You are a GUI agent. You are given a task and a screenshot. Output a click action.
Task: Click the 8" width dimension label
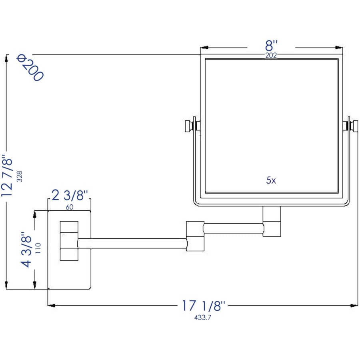[271, 46]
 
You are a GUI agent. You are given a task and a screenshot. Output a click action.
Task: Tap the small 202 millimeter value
[271, 55]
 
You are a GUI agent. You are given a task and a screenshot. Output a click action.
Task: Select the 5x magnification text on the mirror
[271, 180]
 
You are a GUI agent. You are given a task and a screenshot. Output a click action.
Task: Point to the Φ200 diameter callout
[30, 68]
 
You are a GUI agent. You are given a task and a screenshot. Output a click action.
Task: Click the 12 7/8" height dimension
[7, 176]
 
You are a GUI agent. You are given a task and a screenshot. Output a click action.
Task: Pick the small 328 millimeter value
[20, 176]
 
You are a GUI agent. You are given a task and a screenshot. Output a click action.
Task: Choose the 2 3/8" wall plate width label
[70, 195]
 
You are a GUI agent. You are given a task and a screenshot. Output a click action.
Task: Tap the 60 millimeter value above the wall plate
[70, 207]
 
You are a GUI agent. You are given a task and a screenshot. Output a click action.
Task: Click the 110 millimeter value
[38, 248]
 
